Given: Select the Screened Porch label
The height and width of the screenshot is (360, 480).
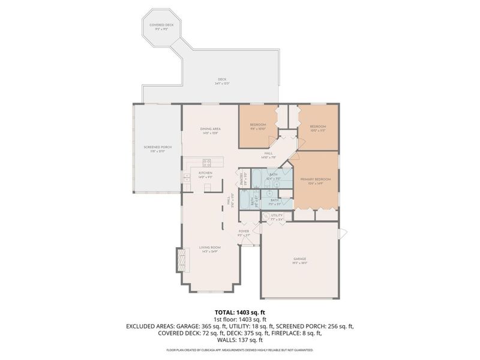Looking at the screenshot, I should tap(158, 149).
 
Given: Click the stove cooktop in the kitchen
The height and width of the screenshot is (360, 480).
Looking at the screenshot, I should tap(207, 161).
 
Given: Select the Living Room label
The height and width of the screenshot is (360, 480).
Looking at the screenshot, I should tap(210, 249).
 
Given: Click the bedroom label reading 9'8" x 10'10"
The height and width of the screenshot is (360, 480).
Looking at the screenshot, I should tap(257, 129).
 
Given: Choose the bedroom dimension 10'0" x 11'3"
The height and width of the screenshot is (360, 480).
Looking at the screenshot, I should tap(317, 130).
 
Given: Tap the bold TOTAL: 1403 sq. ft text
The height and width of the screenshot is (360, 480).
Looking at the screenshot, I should tap(240, 313).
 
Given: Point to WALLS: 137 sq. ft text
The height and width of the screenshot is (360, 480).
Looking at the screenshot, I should tap(240, 339).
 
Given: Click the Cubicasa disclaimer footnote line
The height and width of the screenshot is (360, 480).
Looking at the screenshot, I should tap(240, 349).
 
